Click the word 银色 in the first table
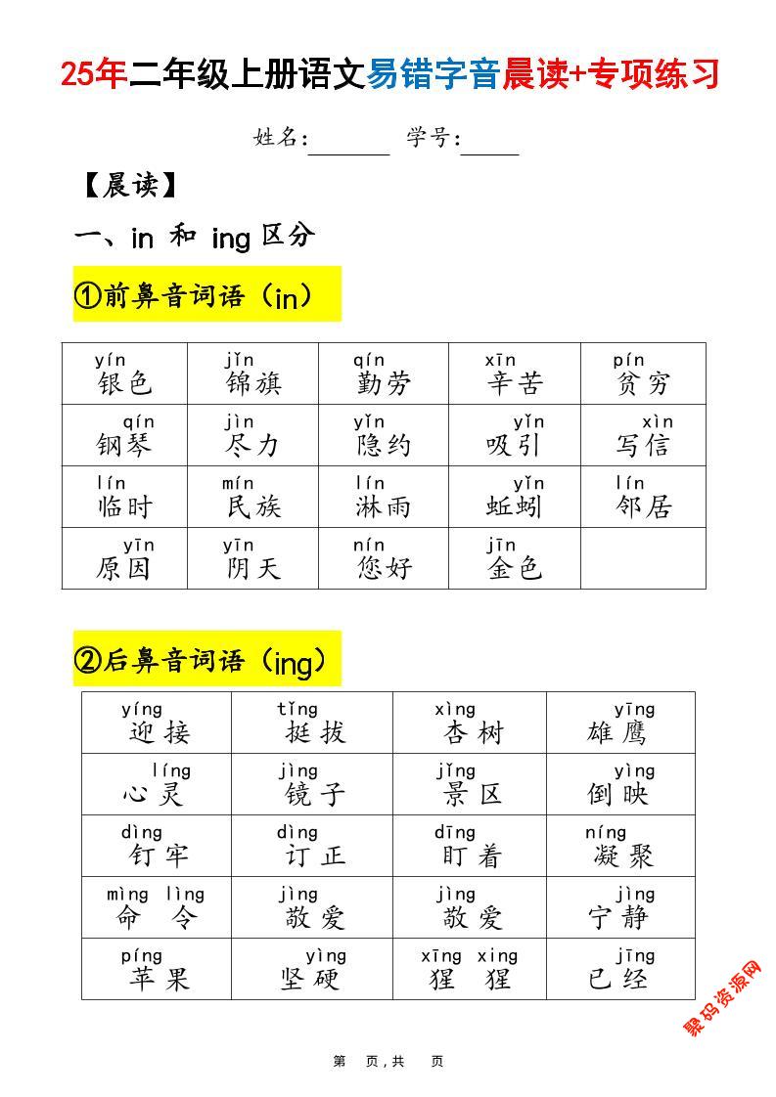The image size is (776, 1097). click(125, 383)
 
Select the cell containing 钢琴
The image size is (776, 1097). click(124, 436)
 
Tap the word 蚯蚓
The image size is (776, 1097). click(514, 506)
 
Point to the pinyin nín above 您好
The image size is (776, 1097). click(369, 546)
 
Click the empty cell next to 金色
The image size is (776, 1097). click(643, 558)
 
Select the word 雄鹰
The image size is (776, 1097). click(617, 732)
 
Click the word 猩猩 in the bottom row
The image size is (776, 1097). click(470, 979)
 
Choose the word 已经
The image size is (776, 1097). click(617, 979)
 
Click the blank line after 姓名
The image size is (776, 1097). click(349, 147)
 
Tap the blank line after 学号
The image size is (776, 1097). click(490, 147)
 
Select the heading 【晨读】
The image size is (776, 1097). click(129, 185)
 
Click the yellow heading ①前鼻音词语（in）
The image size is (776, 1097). click(206, 294)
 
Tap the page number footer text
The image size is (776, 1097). click(388, 1061)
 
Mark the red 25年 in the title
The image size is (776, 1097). click(94, 74)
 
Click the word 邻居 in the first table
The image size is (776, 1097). click(644, 506)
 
